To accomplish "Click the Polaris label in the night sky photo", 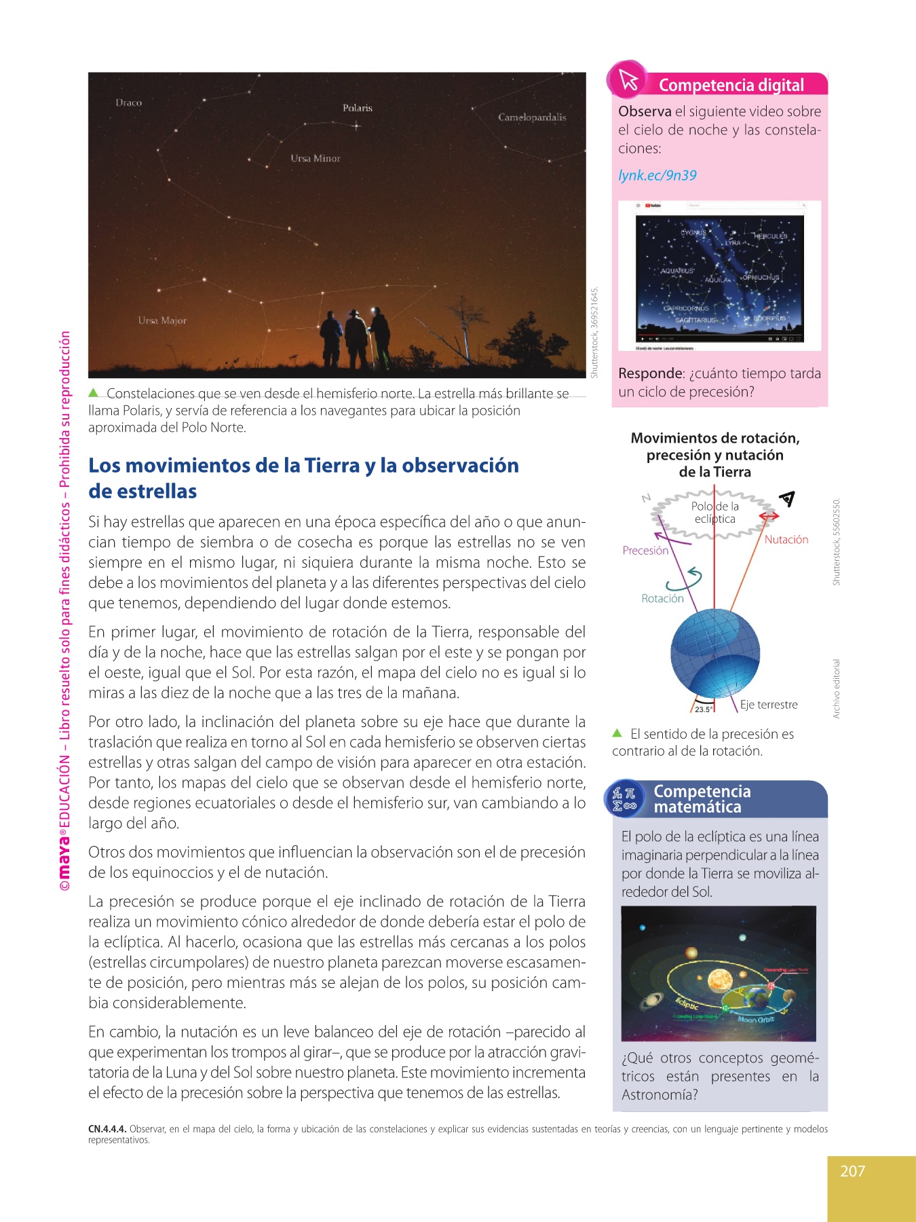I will (x=358, y=108).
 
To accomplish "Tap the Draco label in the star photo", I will (x=128, y=103).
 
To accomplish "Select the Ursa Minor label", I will (x=316, y=158).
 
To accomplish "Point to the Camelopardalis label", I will (x=532, y=117).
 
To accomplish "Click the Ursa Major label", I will (x=162, y=320).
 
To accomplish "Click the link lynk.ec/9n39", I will (x=657, y=175).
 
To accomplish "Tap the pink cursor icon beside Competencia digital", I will (x=628, y=80).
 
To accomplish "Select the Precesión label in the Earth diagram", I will (x=645, y=551).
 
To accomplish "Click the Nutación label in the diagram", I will (x=786, y=540).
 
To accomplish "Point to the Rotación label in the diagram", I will (x=662, y=598).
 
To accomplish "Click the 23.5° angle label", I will (x=703, y=709).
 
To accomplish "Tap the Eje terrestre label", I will (x=769, y=705).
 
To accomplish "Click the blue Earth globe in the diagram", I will (x=714, y=653).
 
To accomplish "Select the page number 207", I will (x=853, y=1171).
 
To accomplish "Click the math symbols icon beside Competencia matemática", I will (x=624, y=799).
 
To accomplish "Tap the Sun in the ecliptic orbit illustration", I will (x=718, y=980).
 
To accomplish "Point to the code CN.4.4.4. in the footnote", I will (x=107, y=1129).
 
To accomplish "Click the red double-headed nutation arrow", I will (x=769, y=517).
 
